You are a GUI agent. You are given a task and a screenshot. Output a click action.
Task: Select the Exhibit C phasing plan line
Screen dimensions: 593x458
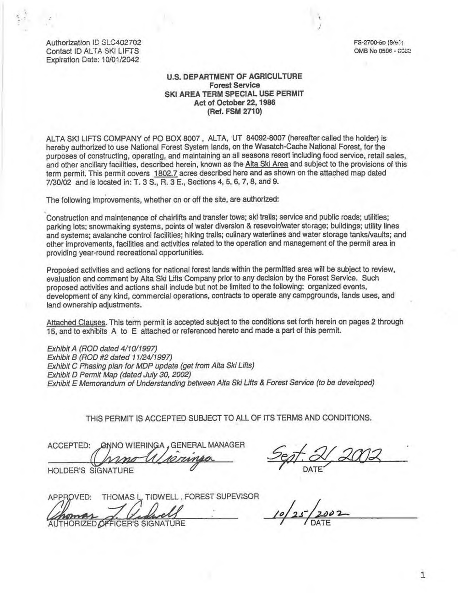pyautogui.click(x=151, y=366)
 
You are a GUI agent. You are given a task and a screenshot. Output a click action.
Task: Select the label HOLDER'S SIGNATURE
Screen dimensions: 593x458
pyautogui.click(x=91, y=471)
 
